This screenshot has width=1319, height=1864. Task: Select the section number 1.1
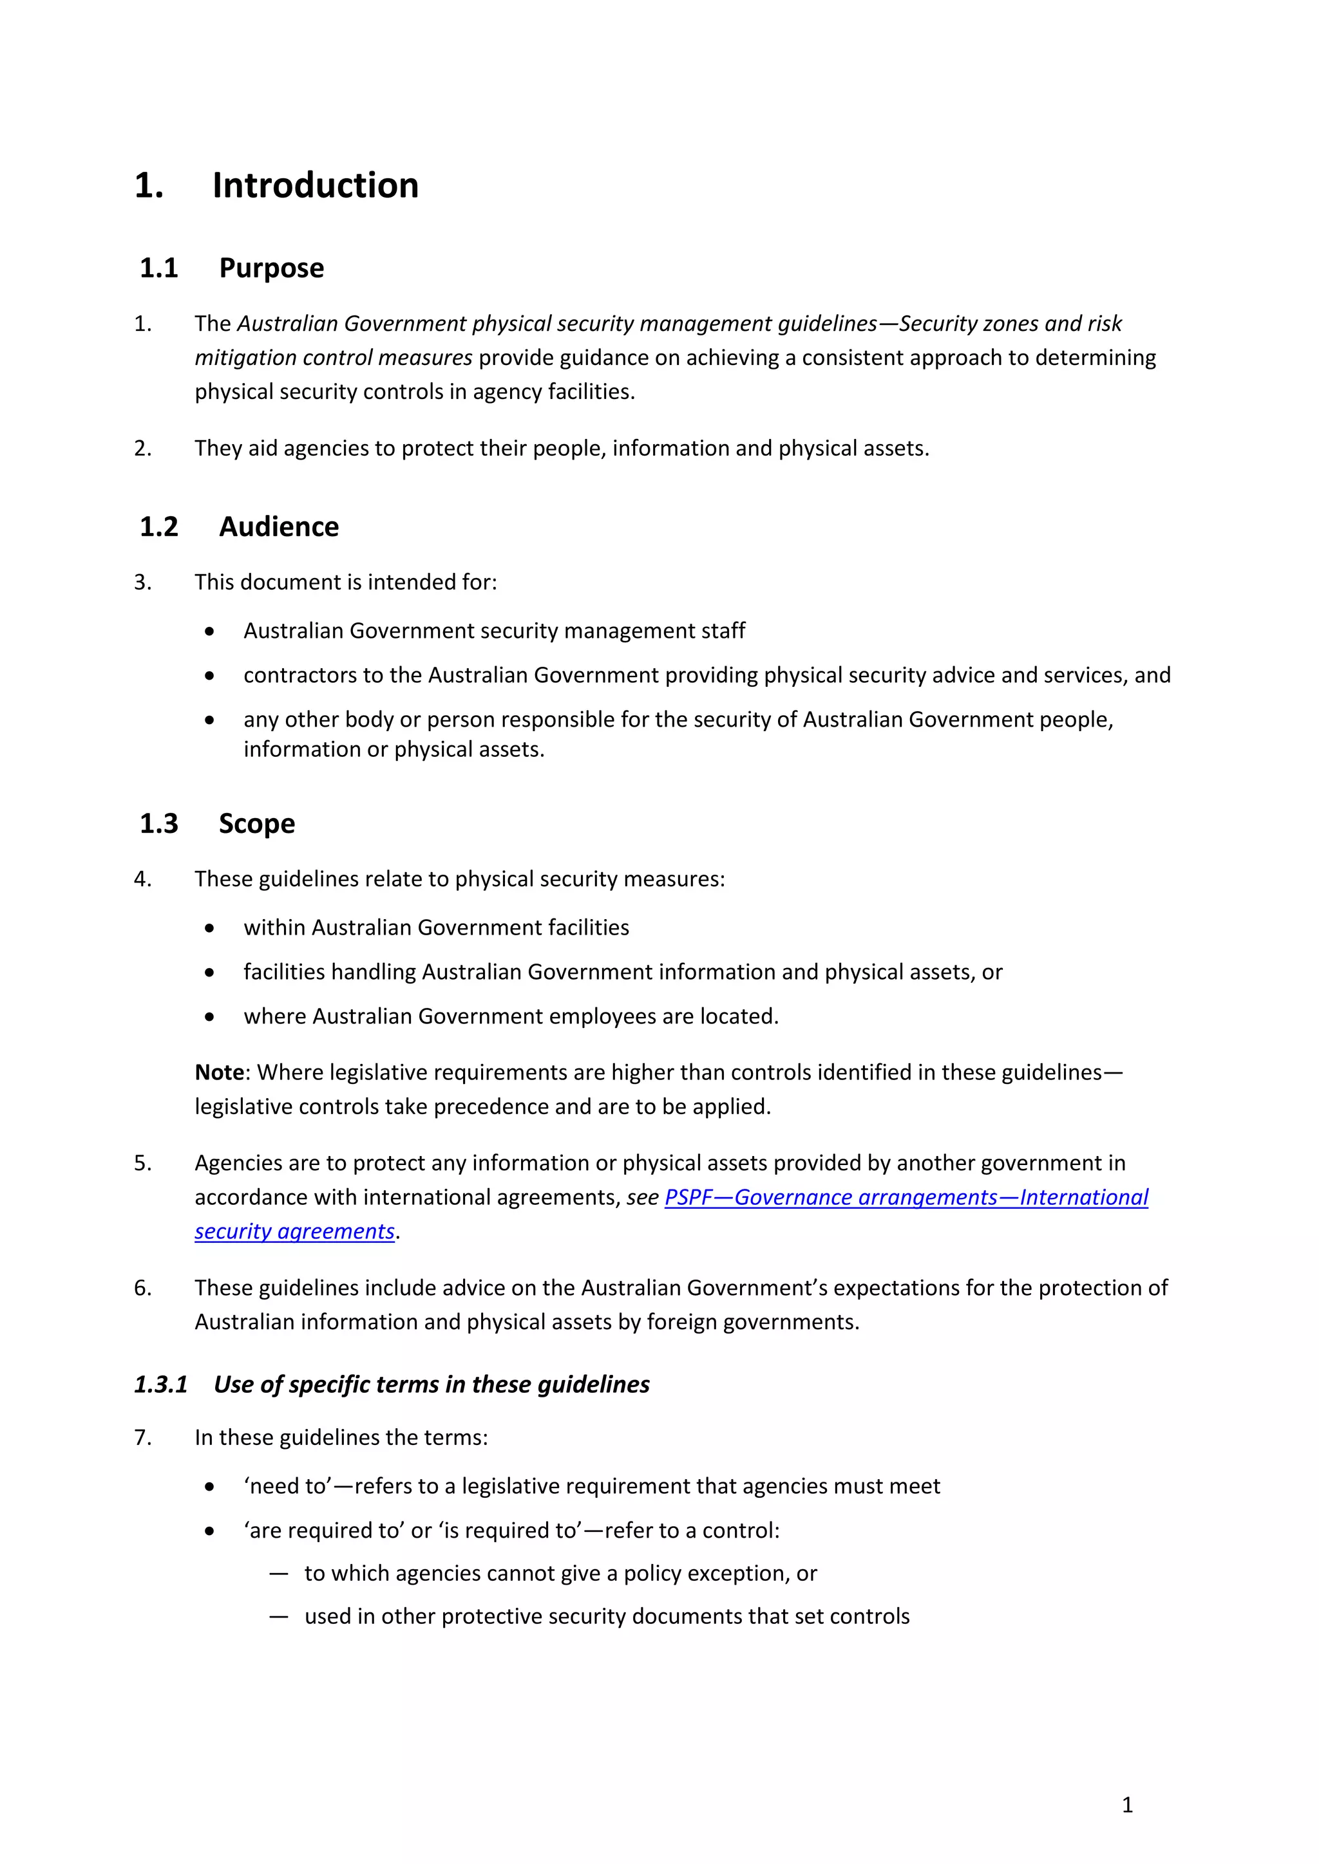coord(158,268)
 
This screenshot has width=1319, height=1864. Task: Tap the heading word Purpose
coord(271,268)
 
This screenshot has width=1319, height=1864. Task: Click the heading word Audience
coord(279,527)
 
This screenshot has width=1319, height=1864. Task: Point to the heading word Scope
coord(257,823)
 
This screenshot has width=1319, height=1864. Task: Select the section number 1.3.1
coord(161,1384)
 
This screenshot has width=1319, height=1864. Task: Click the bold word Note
coord(218,1072)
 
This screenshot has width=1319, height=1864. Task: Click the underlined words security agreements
coord(294,1231)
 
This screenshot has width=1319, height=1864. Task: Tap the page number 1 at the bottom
coord(1126,1805)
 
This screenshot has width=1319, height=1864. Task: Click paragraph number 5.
coord(142,1163)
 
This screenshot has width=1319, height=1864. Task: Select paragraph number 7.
coord(142,1438)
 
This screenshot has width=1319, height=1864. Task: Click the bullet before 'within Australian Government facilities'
coord(209,928)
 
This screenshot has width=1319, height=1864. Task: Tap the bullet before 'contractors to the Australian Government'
coord(209,675)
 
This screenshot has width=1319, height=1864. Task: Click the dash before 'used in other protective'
coord(279,1616)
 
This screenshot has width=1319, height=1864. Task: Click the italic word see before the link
coord(641,1197)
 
